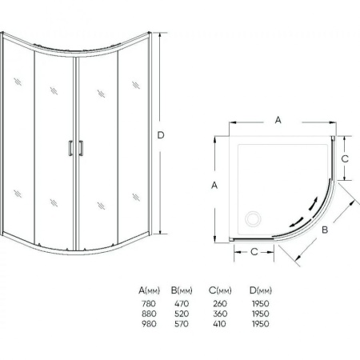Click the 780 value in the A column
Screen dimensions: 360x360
[149, 303]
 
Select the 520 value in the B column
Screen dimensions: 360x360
[182, 314]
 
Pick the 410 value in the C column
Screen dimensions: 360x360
[220, 324]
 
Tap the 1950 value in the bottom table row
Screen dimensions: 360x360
[261, 324]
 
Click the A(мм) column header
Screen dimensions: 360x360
[150, 290]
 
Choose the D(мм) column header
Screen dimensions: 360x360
[261, 290]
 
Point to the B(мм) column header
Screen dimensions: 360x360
[182, 290]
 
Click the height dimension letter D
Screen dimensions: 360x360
[161, 135]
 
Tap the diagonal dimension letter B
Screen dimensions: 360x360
[325, 230]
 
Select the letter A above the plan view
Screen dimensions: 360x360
[278, 120]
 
